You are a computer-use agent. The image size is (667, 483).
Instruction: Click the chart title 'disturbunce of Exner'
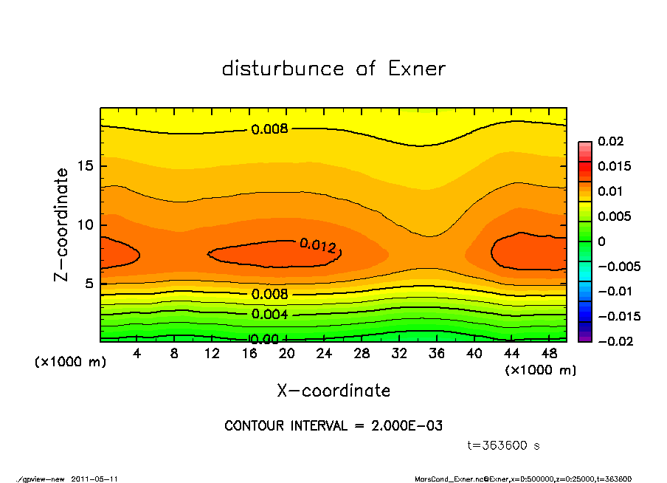point(333,69)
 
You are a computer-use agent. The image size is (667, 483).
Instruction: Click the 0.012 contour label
point(318,246)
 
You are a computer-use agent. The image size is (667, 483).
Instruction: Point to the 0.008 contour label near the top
point(269,129)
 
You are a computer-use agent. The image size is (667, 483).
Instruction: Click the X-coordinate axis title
point(333,391)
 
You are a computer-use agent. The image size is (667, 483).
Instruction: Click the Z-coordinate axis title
point(62,225)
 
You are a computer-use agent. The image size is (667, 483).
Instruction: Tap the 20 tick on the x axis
point(287,354)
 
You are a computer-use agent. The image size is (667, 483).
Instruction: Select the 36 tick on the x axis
point(437,354)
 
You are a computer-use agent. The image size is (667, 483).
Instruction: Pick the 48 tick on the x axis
point(549,354)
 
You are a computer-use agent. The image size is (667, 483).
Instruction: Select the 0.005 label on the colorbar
point(615,216)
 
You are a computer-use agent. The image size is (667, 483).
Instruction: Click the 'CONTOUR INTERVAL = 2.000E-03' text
point(333,426)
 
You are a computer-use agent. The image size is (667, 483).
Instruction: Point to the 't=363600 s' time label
point(504,445)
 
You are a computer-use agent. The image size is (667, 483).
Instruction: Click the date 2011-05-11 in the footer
point(94,479)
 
